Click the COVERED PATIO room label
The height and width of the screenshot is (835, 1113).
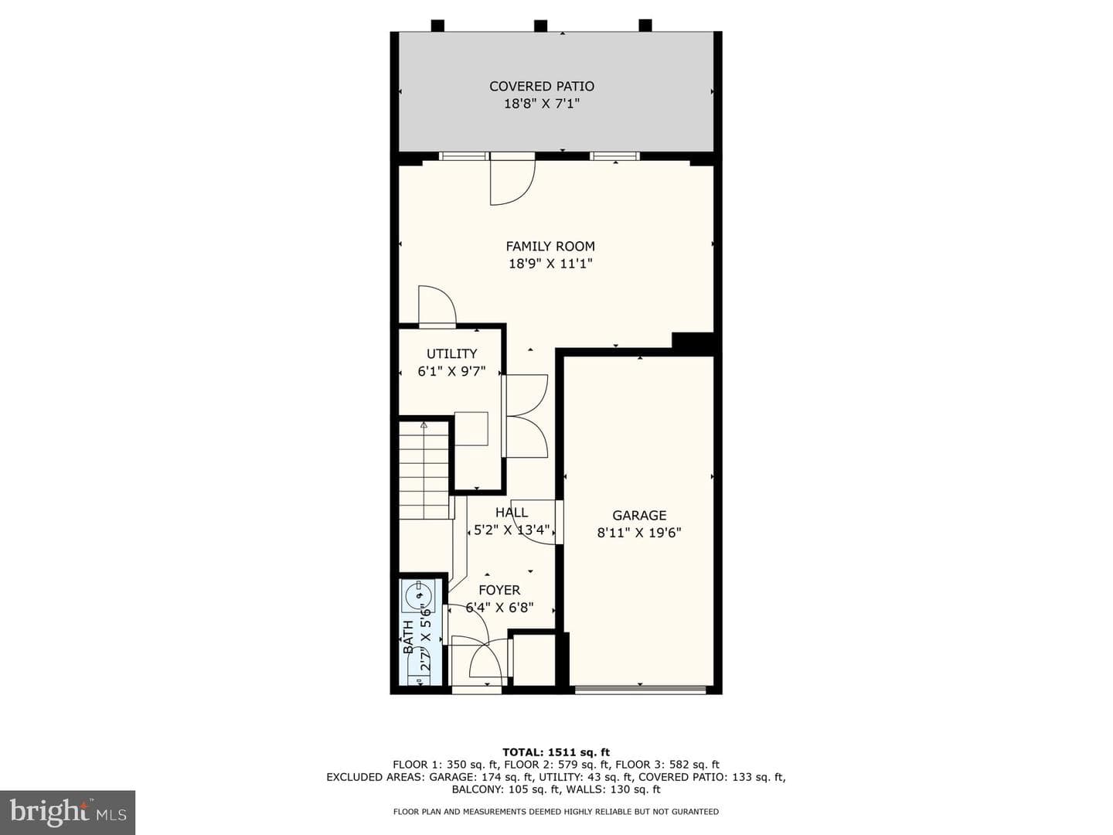pos(542,86)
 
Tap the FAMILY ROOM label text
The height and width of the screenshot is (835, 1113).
pos(550,247)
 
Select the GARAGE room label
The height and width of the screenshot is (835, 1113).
pos(639,515)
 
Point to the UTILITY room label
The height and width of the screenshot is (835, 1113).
pos(451,353)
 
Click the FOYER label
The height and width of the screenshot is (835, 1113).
pos(499,590)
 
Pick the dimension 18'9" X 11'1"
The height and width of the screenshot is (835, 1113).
pos(550,264)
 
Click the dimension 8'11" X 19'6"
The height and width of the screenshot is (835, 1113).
pos(639,533)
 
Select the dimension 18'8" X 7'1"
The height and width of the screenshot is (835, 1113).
pos(542,104)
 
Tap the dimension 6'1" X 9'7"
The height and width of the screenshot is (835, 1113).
pos(451,372)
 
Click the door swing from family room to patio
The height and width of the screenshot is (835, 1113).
pos(512,182)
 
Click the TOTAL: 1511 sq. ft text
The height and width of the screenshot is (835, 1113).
pos(556,751)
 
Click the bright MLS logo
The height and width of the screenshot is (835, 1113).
pos(68,812)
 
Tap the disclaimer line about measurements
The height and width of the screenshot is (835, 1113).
pos(556,812)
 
